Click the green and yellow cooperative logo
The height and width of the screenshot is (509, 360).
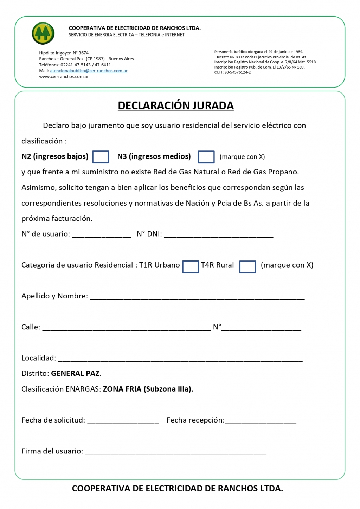pos(43,33)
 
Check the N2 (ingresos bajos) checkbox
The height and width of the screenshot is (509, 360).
pos(101,157)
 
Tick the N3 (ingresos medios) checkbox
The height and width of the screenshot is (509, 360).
pos(206,157)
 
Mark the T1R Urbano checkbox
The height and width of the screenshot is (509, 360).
pos(191,266)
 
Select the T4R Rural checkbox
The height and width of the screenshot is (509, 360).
pos(247,266)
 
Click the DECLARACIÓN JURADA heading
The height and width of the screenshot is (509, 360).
pos(175,105)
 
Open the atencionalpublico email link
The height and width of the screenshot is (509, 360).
pos(89,71)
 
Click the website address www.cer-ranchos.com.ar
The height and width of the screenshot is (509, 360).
pos(64,77)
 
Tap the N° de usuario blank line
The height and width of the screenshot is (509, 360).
pos(101,234)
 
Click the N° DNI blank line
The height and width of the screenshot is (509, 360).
pos(218,234)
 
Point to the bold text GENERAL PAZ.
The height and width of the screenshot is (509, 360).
pos(76,373)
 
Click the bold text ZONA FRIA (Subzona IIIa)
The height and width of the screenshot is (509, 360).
pos(148,389)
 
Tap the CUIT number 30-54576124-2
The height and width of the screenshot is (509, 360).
pos(237,72)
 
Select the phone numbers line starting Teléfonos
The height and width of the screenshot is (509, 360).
pos(75,65)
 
